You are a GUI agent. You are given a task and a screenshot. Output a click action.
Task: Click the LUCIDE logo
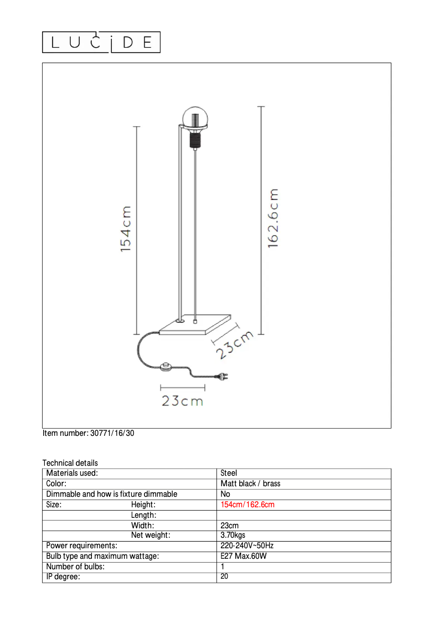[x=101, y=42]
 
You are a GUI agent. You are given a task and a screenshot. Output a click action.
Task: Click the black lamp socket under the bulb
[x=195, y=140]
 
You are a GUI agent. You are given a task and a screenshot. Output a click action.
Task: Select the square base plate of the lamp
[x=195, y=325]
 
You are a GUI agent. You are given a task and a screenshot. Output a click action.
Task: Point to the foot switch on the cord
[x=166, y=367]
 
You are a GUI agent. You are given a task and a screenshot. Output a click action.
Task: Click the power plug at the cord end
[x=223, y=376]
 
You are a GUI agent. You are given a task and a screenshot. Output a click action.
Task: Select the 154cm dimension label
[x=126, y=229]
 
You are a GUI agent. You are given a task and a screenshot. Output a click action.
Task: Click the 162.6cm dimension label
[x=273, y=218]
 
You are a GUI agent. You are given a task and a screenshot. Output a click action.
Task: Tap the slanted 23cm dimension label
[x=235, y=344]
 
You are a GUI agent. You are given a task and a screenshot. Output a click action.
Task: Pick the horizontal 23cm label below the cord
[x=183, y=400]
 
